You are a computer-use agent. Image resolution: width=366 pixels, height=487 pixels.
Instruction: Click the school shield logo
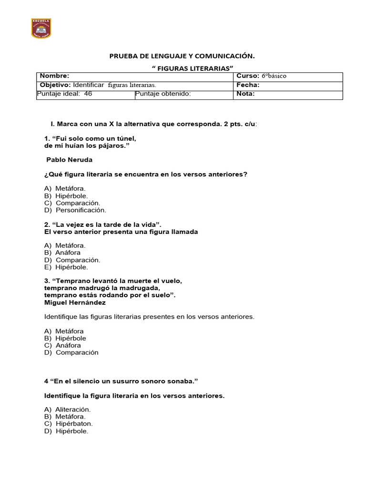(41, 29)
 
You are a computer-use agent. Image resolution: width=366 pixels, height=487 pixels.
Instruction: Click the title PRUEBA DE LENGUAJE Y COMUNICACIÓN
(182, 56)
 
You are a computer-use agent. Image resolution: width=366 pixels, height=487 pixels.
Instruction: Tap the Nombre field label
(54, 76)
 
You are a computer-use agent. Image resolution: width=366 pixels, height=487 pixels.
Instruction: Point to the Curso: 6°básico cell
(261, 76)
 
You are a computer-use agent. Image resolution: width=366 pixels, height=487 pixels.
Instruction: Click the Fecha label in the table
(248, 85)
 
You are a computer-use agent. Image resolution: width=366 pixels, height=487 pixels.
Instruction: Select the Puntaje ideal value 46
(88, 94)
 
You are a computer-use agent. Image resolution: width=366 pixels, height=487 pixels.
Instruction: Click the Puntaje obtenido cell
(163, 94)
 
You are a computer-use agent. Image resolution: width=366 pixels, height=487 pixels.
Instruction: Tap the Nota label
(245, 94)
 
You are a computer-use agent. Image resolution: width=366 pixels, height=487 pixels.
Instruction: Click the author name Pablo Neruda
(69, 160)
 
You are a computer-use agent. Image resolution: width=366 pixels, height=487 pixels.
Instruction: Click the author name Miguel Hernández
(75, 302)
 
